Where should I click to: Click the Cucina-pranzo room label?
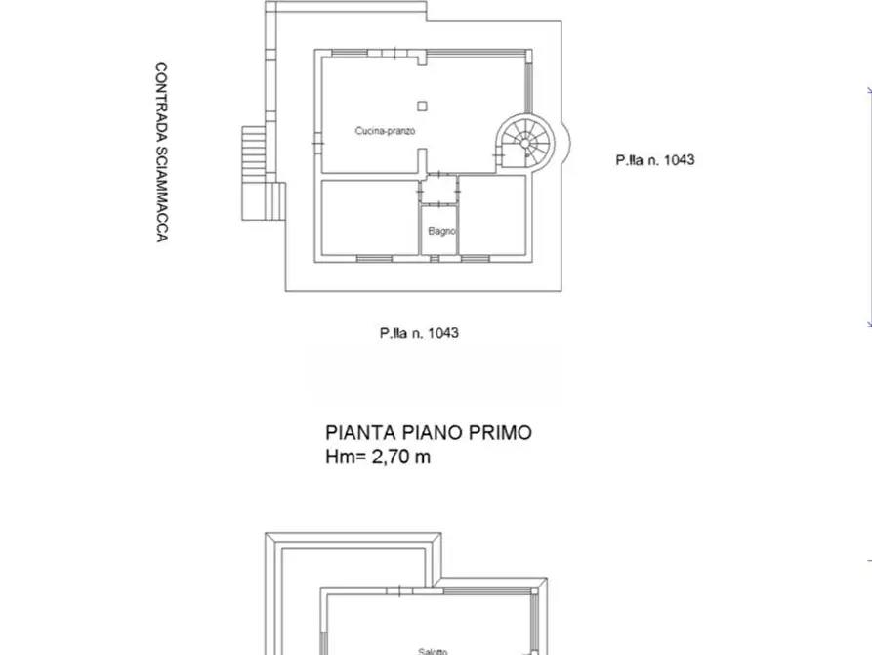379,130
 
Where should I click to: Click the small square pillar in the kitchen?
421,106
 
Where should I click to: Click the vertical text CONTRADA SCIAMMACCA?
161,153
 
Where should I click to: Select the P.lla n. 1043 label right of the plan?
654,159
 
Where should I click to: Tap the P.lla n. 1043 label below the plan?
419,333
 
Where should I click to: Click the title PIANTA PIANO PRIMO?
429,432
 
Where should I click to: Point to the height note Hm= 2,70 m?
378,457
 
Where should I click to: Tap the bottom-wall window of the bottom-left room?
374,258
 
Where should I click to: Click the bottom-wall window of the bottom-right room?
475,258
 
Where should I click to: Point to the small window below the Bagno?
439,258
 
